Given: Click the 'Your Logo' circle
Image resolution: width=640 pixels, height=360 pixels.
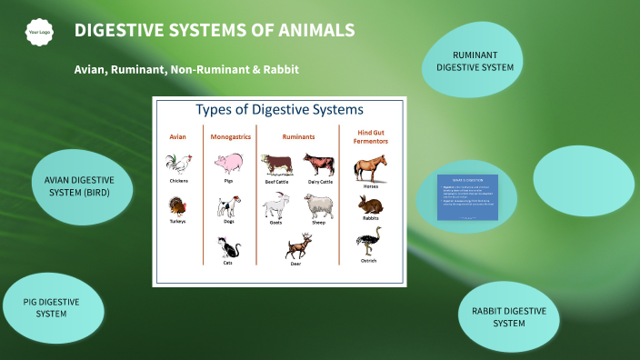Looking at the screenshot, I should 38,32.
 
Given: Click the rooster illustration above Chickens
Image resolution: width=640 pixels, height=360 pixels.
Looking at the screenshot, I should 179,164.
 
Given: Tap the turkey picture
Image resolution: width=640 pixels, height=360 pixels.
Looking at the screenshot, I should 178,205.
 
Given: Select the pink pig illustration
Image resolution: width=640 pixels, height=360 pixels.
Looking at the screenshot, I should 228,164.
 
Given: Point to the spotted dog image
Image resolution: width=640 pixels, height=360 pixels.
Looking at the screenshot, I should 228,205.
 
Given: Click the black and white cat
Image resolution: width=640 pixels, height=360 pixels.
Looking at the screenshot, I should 228,246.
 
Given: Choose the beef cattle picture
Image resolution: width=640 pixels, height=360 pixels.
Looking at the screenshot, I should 276,164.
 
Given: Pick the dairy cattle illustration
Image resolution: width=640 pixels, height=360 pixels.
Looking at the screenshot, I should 319,164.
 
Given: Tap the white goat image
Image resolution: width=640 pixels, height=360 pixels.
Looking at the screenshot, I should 276,206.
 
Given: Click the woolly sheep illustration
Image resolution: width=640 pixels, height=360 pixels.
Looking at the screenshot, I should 318,205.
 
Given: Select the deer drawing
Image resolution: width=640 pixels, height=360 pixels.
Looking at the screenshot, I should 297,246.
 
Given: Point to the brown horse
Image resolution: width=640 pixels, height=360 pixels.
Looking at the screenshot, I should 370,168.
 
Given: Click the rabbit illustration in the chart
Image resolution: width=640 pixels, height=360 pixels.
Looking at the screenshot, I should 370,205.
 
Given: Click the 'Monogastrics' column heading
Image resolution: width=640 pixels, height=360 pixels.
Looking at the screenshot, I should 229,136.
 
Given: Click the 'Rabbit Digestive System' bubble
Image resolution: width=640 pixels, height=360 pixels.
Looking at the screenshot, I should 508,316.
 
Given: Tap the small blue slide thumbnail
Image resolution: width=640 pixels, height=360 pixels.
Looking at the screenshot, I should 467,195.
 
